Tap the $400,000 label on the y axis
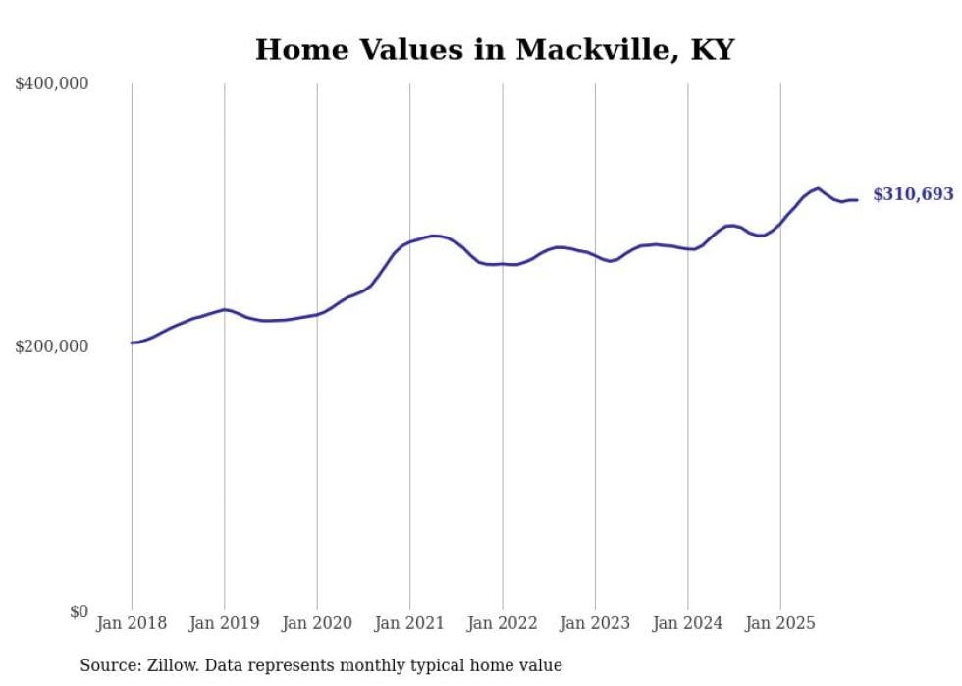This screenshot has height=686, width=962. point(52,84)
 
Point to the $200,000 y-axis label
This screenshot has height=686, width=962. point(52,347)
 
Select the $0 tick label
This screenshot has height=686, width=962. point(77,611)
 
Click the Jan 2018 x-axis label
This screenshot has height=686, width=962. point(132,623)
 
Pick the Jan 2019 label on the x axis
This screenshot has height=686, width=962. point(224,623)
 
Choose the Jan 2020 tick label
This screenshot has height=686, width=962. point(317,623)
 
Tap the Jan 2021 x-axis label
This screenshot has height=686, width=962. point(409,623)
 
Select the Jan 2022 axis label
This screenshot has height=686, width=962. point(503,623)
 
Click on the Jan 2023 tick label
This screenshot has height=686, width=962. point(595,623)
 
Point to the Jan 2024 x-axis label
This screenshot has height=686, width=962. point(687,623)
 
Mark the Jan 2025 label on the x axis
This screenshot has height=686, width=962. point(780,623)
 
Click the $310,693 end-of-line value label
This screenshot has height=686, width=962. point(913,195)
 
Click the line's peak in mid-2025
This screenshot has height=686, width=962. point(818,188)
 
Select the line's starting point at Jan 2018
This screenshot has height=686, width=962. point(132,343)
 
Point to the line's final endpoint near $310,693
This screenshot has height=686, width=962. point(857,200)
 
